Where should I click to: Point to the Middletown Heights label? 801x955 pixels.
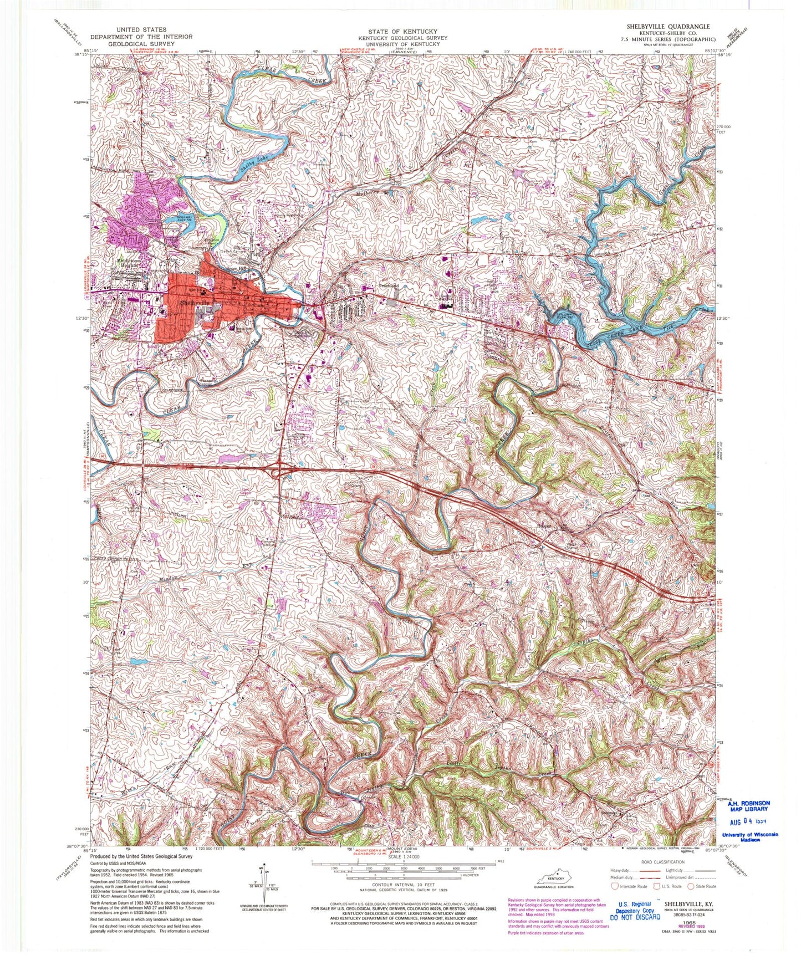[x=131, y=262]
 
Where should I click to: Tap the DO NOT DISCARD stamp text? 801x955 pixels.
[x=635, y=917]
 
